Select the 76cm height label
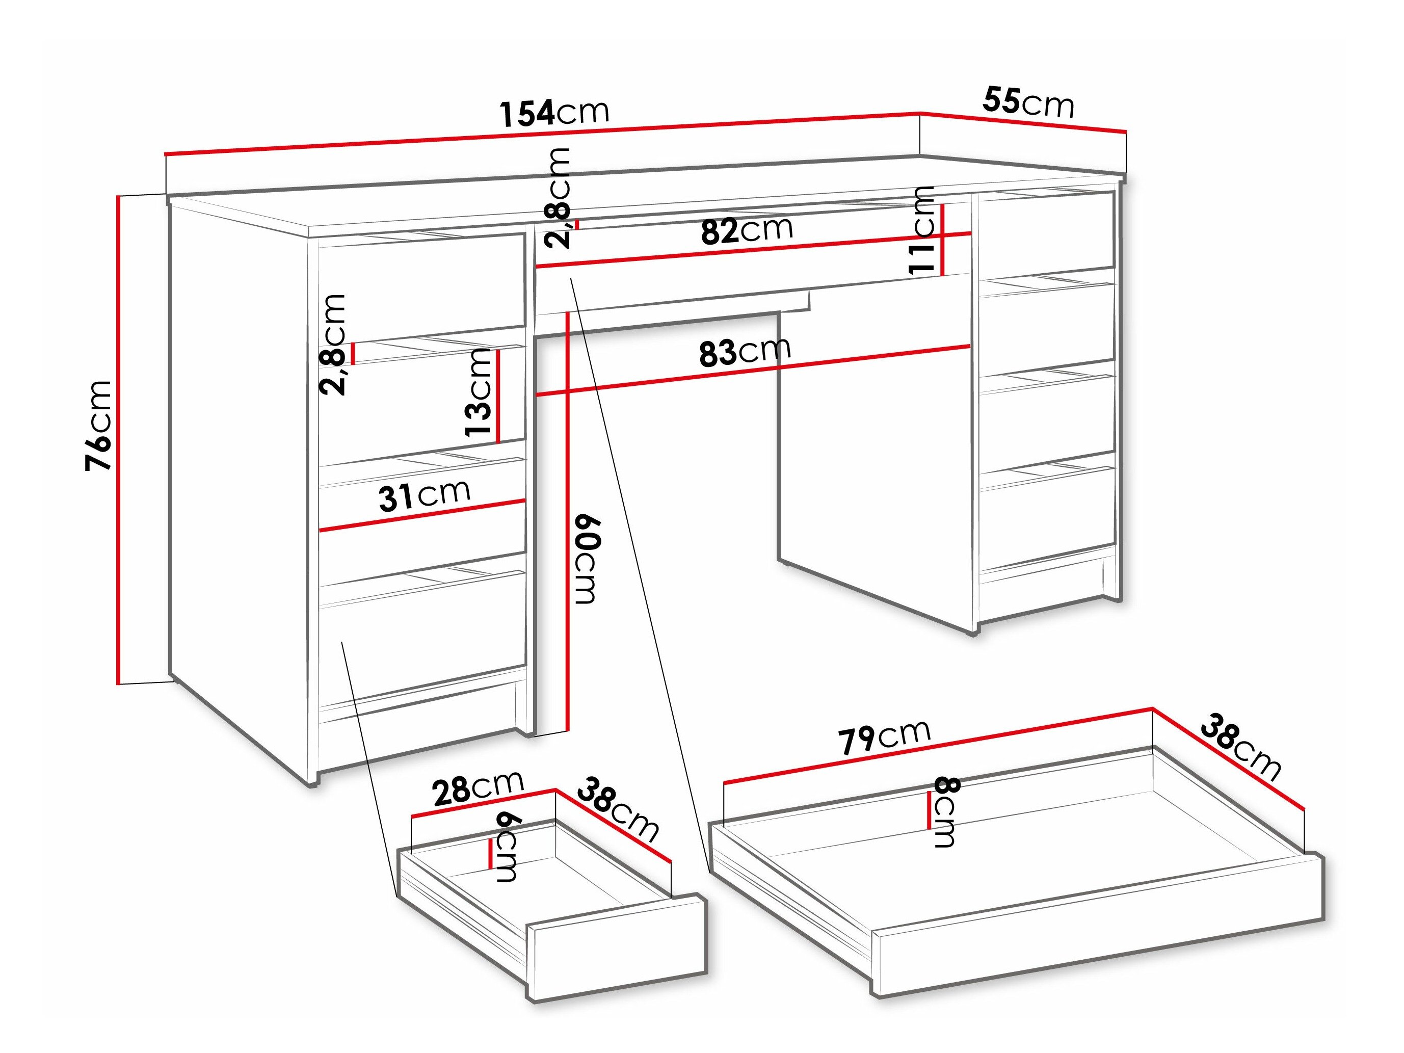tap(99, 425)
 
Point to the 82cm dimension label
tap(747, 230)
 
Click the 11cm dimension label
tap(921, 230)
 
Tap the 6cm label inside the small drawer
tap(507, 848)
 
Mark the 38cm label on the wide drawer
tap(1239, 747)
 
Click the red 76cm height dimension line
tap(118, 440)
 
